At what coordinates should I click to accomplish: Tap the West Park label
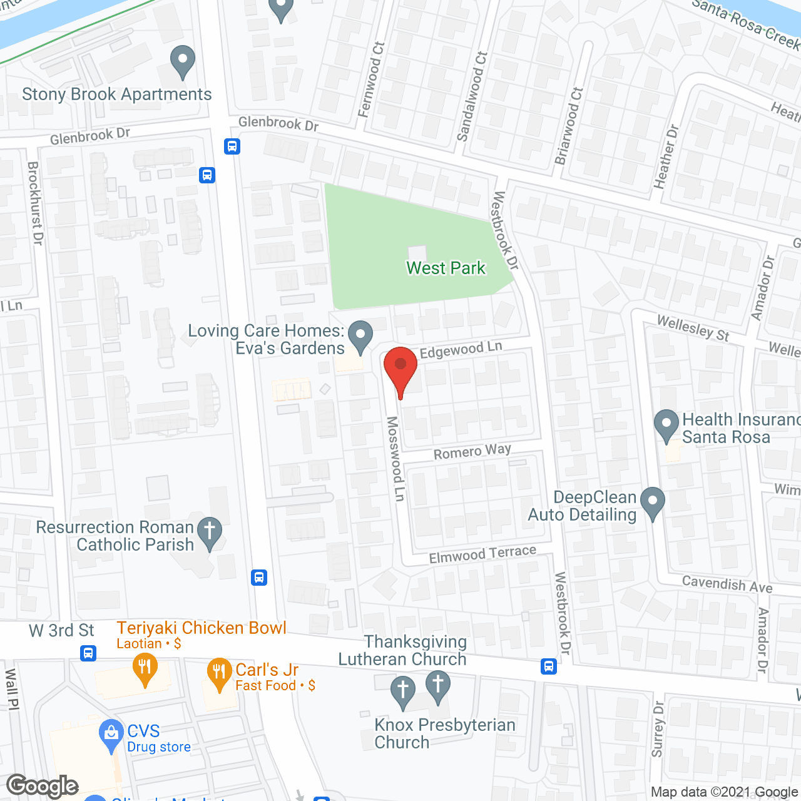[x=446, y=268]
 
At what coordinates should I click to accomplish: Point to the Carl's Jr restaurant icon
[x=219, y=673]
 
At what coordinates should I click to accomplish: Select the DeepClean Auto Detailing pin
[x=653, y=502]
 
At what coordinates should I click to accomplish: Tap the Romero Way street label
[x=472, y=451]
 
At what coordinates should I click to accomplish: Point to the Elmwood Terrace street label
[x=482, y=554]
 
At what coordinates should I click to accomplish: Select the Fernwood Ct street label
[x=371, y=79]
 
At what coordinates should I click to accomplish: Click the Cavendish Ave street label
[x=727, y=584]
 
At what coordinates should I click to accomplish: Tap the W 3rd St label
[x=61, y=631]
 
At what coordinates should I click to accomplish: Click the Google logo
[x=43, y=786]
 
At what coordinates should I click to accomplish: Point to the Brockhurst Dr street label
[x=35, y=203]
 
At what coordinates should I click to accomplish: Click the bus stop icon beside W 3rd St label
[x=88, y=653]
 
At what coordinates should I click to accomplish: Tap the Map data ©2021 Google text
[x=724, y=792]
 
